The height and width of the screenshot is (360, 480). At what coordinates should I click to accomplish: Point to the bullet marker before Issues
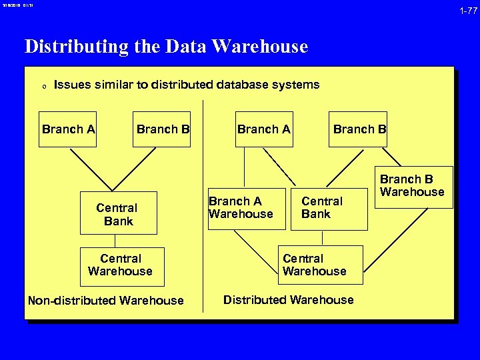pos(43,86)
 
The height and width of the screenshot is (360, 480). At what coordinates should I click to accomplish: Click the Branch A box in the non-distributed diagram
pos(68,129)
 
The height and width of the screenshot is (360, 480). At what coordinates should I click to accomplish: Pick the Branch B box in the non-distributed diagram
pos(163,129)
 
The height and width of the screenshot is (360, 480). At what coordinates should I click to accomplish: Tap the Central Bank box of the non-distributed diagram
pos(118,214)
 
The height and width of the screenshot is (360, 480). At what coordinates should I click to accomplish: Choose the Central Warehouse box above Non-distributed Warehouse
pos(120,265)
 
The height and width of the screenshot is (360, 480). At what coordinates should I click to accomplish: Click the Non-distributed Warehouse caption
pos(105,300)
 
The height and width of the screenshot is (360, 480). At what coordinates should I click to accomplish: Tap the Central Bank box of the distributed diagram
pos(321,208)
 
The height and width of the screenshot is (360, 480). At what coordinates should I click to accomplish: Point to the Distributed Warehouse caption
pos(288,300)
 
